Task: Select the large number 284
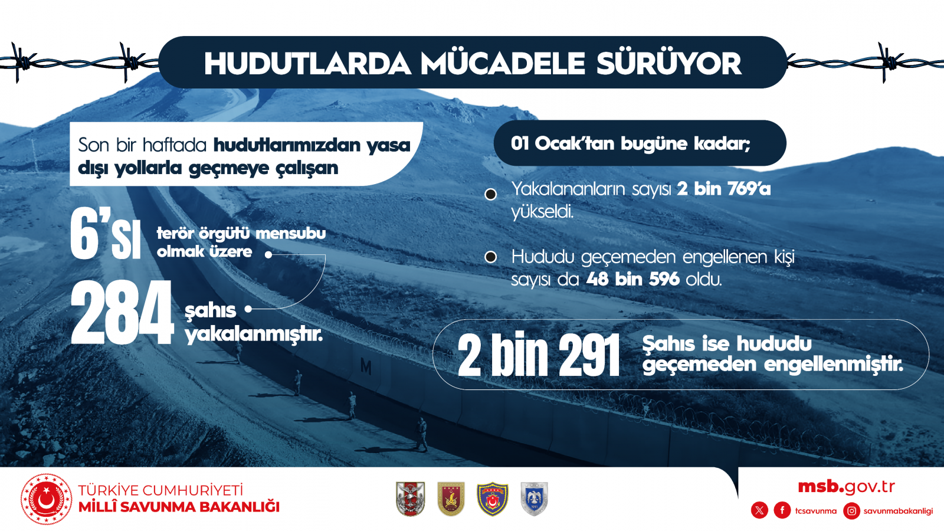[x=122, y=312]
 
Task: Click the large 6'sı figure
[x=106, y=233]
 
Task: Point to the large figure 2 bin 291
[x=539, y=355]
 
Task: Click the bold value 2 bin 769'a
[x=723, y=189]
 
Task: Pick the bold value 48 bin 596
[x=633, y=279]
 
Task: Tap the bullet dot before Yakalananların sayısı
[x=490, y=194]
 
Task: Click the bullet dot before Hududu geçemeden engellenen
[x=490, y=257]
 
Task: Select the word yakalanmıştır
[x=254, y=335]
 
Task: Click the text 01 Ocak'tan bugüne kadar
[x=631, y=144]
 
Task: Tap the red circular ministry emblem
[x=47, y=499]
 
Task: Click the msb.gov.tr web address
[x=847, y=487]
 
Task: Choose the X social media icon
[x=759, y=511]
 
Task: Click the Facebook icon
[x=782, y=511]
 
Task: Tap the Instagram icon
[x=852, y=511]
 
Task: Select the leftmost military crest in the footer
[x=411, y=499]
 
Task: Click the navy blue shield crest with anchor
[x=493, y=499]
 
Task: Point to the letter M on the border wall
[x=366, y=367]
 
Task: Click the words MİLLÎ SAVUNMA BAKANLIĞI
[x=179, y=507]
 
